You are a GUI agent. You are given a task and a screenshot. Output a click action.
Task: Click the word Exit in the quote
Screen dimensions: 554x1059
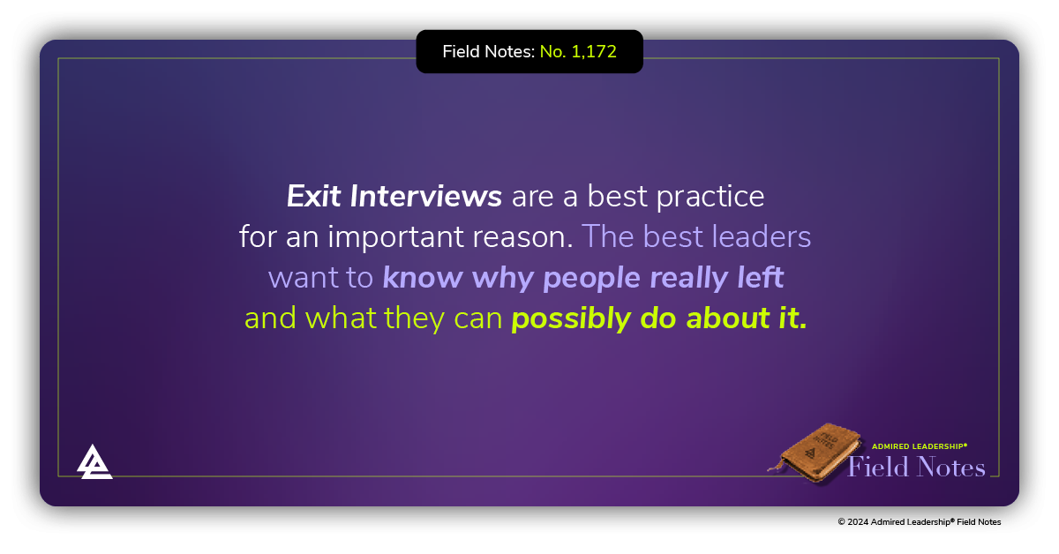coord(313,196)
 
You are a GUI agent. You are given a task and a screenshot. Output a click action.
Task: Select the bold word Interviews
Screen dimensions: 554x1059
coord(426,196)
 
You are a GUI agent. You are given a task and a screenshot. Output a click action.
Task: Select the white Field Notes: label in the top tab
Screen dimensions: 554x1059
coord(488,52)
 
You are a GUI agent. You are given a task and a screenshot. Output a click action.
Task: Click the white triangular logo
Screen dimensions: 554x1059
coord(94,461)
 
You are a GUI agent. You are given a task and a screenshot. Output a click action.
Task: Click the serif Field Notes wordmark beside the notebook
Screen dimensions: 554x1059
coord(916,467)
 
